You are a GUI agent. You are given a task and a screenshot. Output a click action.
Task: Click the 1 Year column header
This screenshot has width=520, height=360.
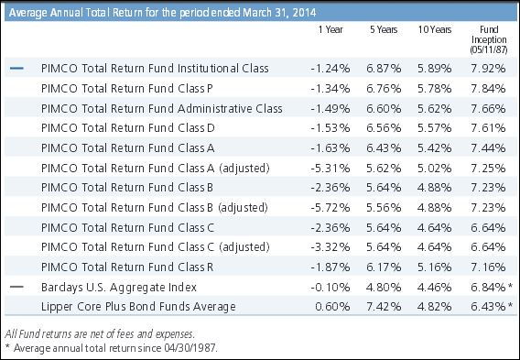click(330, 30)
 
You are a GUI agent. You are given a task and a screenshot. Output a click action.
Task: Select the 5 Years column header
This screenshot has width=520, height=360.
click(384, 30)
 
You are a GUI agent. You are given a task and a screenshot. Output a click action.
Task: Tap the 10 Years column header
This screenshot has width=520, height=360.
click(435, 30)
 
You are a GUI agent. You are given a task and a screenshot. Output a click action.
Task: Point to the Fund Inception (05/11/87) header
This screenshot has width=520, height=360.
click(489, 39)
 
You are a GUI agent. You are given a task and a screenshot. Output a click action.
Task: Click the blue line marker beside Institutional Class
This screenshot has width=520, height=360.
click(16, 69)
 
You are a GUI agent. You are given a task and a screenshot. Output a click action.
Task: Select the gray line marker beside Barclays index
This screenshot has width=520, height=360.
click(16, 287)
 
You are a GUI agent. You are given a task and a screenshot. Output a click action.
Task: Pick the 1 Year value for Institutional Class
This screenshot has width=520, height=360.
click(330, 69)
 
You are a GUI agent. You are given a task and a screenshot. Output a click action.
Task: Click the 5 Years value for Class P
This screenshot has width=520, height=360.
click(384, 89)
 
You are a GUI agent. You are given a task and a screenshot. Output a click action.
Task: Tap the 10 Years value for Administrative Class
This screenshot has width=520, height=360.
click(435, 108)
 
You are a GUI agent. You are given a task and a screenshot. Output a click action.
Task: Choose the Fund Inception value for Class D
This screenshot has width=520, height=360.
click(488, 128)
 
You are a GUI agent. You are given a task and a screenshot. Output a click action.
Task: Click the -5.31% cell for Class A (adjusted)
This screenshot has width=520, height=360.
click(330, 169)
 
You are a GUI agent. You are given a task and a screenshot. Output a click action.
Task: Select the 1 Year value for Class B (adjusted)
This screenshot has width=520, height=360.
click(330, 208)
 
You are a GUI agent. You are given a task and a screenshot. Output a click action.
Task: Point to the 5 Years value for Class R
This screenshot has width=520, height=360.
click(384, 267)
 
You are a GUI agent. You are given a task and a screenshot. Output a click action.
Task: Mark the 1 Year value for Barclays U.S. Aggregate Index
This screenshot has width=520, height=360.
click(330, 287)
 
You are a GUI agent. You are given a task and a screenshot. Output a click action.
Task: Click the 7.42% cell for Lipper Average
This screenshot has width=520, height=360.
click(384, 307)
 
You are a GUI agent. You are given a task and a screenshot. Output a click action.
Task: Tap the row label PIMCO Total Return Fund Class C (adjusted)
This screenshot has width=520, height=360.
click(156, 247)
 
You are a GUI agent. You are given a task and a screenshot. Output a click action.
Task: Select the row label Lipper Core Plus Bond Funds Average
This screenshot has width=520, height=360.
click(138, 307)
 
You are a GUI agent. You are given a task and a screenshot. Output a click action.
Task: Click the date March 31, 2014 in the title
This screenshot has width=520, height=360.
click(279, 13)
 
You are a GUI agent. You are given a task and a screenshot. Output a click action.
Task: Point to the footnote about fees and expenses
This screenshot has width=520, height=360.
click(100, 333)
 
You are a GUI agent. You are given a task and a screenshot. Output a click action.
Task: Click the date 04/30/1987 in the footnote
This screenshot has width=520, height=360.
click(190, 348)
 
